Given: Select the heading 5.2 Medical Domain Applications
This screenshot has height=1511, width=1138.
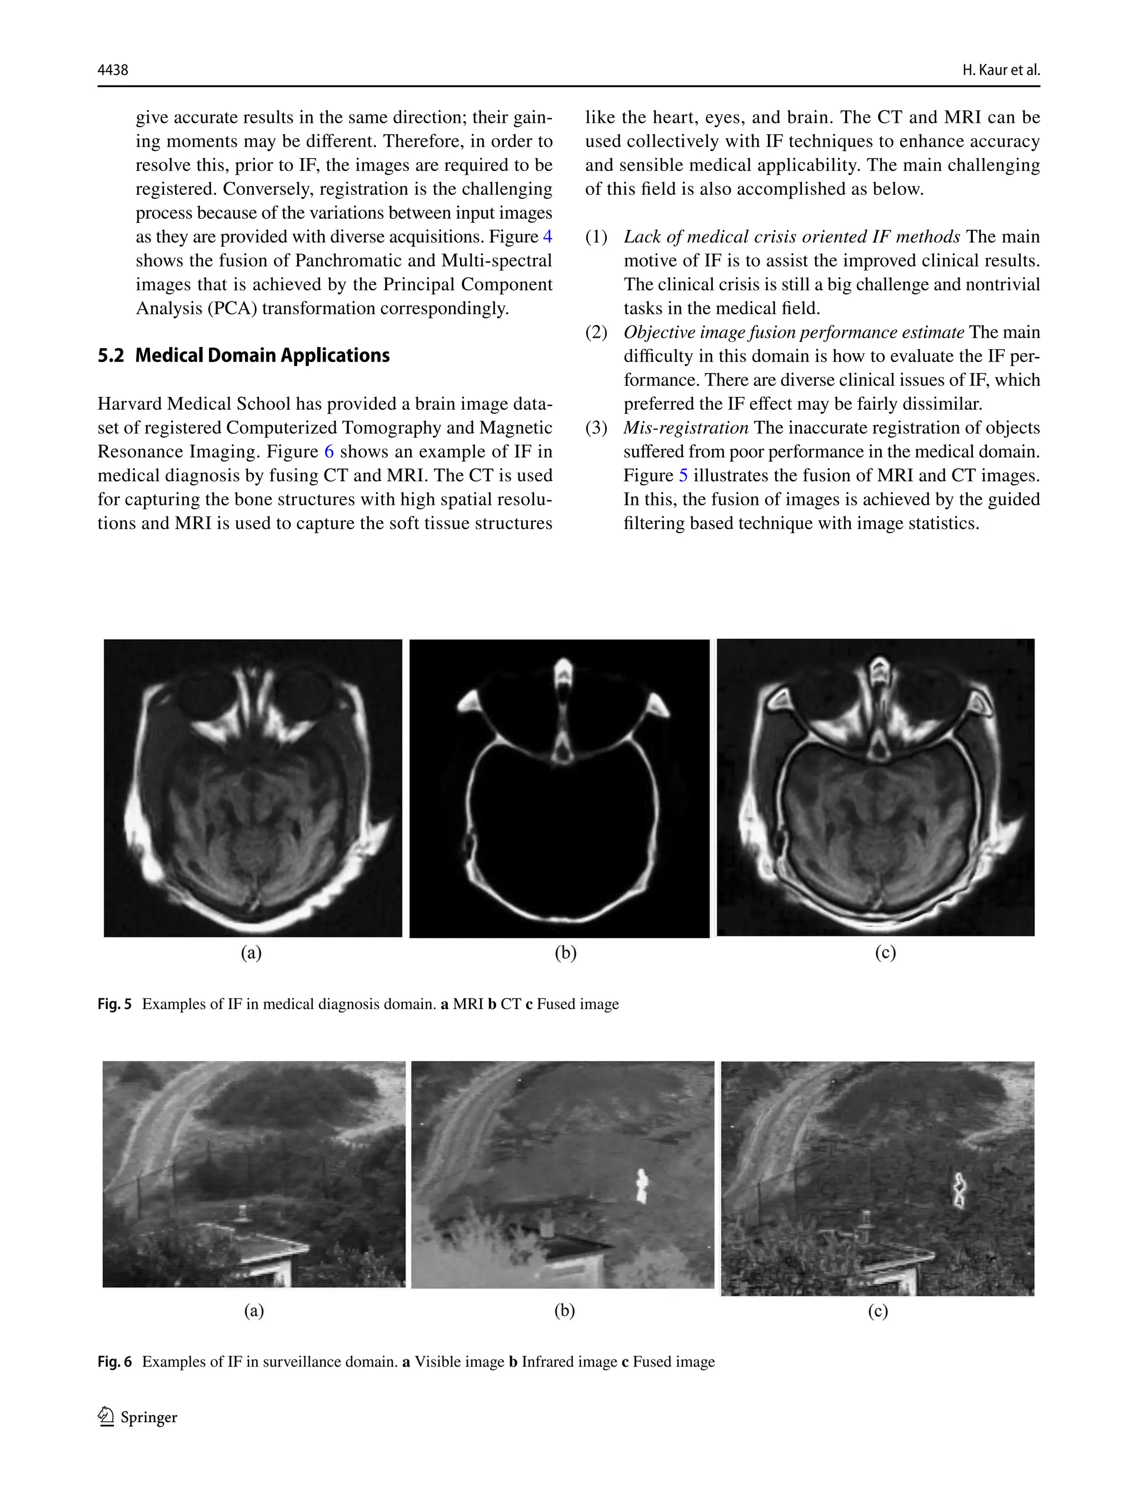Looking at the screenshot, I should pos(243,355).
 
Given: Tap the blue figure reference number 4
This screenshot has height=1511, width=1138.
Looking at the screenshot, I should pos(547,237).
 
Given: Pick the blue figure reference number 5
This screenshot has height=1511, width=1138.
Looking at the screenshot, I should pos(683,475).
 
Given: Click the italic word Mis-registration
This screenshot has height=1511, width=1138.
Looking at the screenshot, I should pos(686,428).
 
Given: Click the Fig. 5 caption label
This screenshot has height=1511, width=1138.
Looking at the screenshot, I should pos(114,1004).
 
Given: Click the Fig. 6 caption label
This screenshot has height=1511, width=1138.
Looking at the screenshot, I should pos(114,1362).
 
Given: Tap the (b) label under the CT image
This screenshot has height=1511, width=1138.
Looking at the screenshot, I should pos(565,952).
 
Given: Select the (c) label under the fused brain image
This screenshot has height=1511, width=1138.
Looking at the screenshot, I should pos(885,952).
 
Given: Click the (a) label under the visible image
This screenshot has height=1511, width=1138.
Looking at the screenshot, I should pos(253,1309).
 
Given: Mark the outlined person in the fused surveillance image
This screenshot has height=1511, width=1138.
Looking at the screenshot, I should pos(959,1190).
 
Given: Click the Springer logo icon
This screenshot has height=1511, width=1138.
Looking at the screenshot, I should pos(106,1417).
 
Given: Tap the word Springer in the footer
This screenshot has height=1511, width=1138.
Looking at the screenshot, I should pos(149,1417).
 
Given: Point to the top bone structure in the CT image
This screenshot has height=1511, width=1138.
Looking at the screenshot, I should pos(562,676).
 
